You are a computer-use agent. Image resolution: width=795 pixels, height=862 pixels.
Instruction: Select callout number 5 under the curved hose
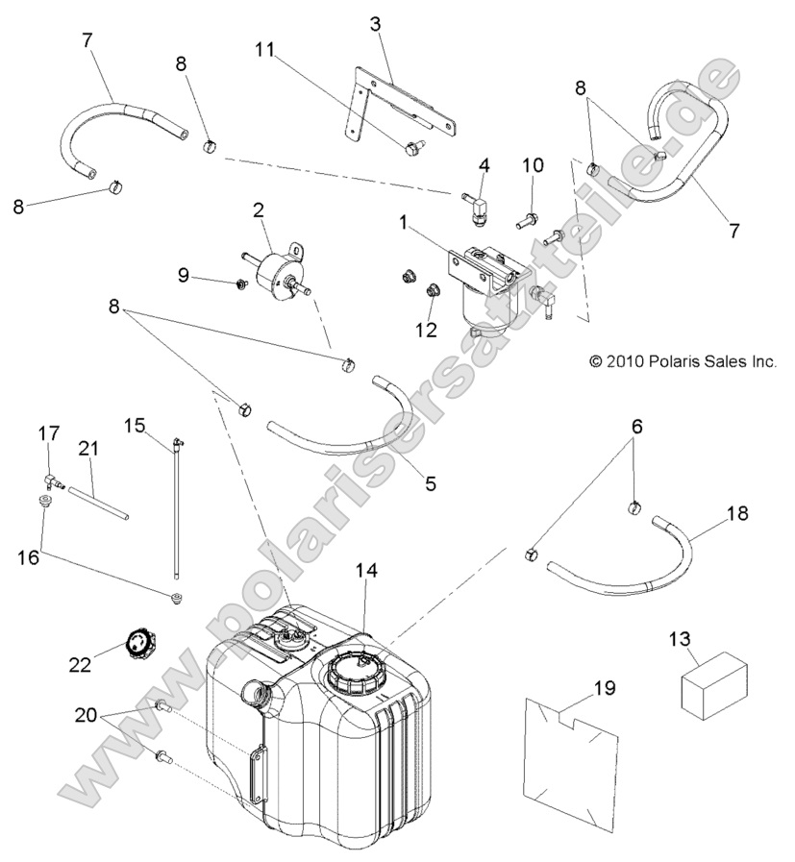pyautogui.click(x=430, y=484)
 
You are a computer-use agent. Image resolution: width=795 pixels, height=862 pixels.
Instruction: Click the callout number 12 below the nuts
pyautogui.click(x=426, y=330)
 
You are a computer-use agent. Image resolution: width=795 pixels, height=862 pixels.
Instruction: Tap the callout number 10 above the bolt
pyautogui.click(x=533, y=165)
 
